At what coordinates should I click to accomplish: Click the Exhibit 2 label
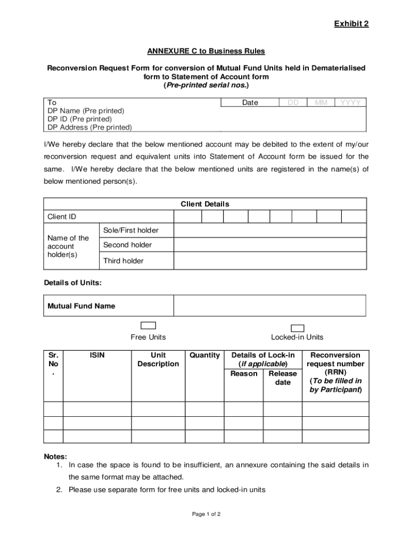(x=351, y=24)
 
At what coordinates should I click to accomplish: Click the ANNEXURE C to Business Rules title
(x=206, y=51)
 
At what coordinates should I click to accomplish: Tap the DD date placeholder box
(x=293, y=102)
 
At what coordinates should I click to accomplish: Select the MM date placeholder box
(x=321, y=102)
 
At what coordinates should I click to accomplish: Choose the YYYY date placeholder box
(x=350, y=102)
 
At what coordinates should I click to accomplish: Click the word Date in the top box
(x=250, y=102)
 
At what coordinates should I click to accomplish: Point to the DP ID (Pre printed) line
(x=79, y=119)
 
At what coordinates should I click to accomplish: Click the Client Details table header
(x=205, y=204)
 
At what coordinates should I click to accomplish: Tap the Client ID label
(x=62, y=217)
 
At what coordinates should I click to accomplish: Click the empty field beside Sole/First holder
(x=270, y=230)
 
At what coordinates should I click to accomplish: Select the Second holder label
(x=127, y=245)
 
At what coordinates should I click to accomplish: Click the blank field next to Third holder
(x=270, y=261)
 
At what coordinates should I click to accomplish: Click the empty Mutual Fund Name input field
(x=269, y=306)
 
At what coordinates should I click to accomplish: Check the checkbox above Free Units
(x=148, y=326)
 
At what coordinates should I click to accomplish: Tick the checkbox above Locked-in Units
(x=298, y=328)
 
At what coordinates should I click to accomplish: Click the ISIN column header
(x=97, y=355)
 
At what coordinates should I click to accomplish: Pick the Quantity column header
(x=204, y=355)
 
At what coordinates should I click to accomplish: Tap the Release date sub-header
(x=283, y=378)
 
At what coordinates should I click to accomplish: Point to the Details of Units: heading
(x=72, y=283)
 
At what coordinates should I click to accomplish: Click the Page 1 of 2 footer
(x=206, y=514)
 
